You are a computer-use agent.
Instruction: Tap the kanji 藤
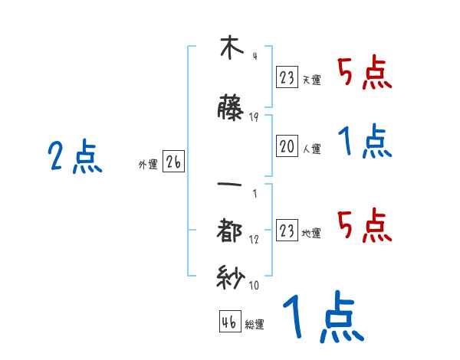(x=230, y=110)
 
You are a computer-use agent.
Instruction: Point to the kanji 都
(x=230, y=230)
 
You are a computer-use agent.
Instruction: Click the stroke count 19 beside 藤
(x=254, y=117)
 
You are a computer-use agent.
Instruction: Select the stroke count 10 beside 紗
(x=254, y=286)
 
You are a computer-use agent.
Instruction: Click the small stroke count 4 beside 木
(x=254, y=56)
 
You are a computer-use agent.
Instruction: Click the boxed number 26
(x=174, y=163)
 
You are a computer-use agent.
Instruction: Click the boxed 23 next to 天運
(x=287, y=77)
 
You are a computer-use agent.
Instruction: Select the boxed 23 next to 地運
(x=287, y=231)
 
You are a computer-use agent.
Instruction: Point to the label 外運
(x=148, y=164)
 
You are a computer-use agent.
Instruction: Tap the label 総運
(x=255, y=324)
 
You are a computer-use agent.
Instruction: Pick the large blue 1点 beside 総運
(x=322, y=318)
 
